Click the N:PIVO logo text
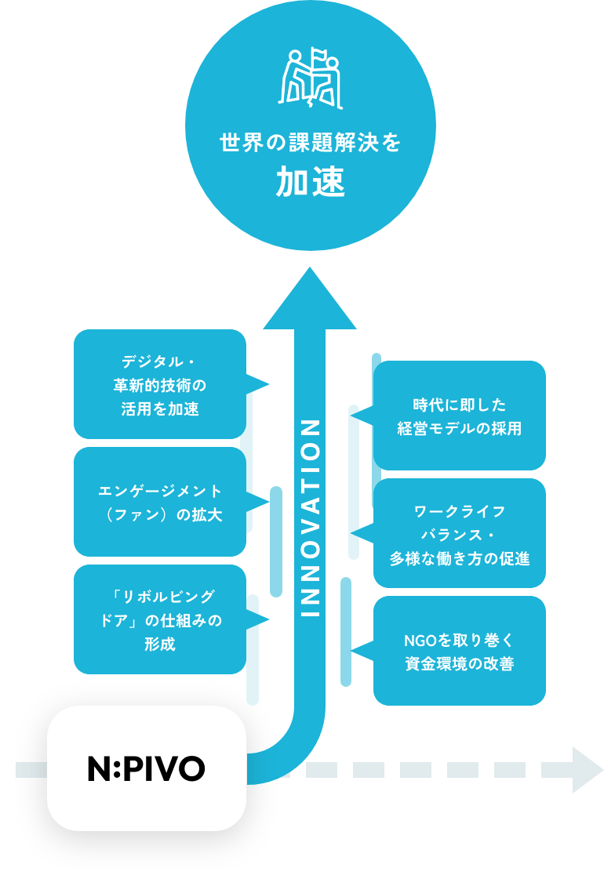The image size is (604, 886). (x=146, y=769)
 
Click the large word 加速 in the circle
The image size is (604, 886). (x=311, y=183)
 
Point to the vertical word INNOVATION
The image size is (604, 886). (x=311, y=517)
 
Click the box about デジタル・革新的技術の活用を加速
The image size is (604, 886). (x=160, y=384)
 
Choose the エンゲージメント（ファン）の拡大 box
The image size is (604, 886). (x=160, y=502)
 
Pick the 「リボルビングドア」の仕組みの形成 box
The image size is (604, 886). (x=160, y=619)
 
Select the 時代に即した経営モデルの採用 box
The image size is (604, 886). (x=459, y=416)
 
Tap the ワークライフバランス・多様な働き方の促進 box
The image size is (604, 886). (x=459, y=533)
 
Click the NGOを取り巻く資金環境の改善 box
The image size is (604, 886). (x=459, y=651)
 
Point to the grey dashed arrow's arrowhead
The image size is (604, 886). (x=588, y=769)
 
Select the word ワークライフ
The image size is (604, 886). (x=459, y=512)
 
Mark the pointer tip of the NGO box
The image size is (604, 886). (x=353, y=651)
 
